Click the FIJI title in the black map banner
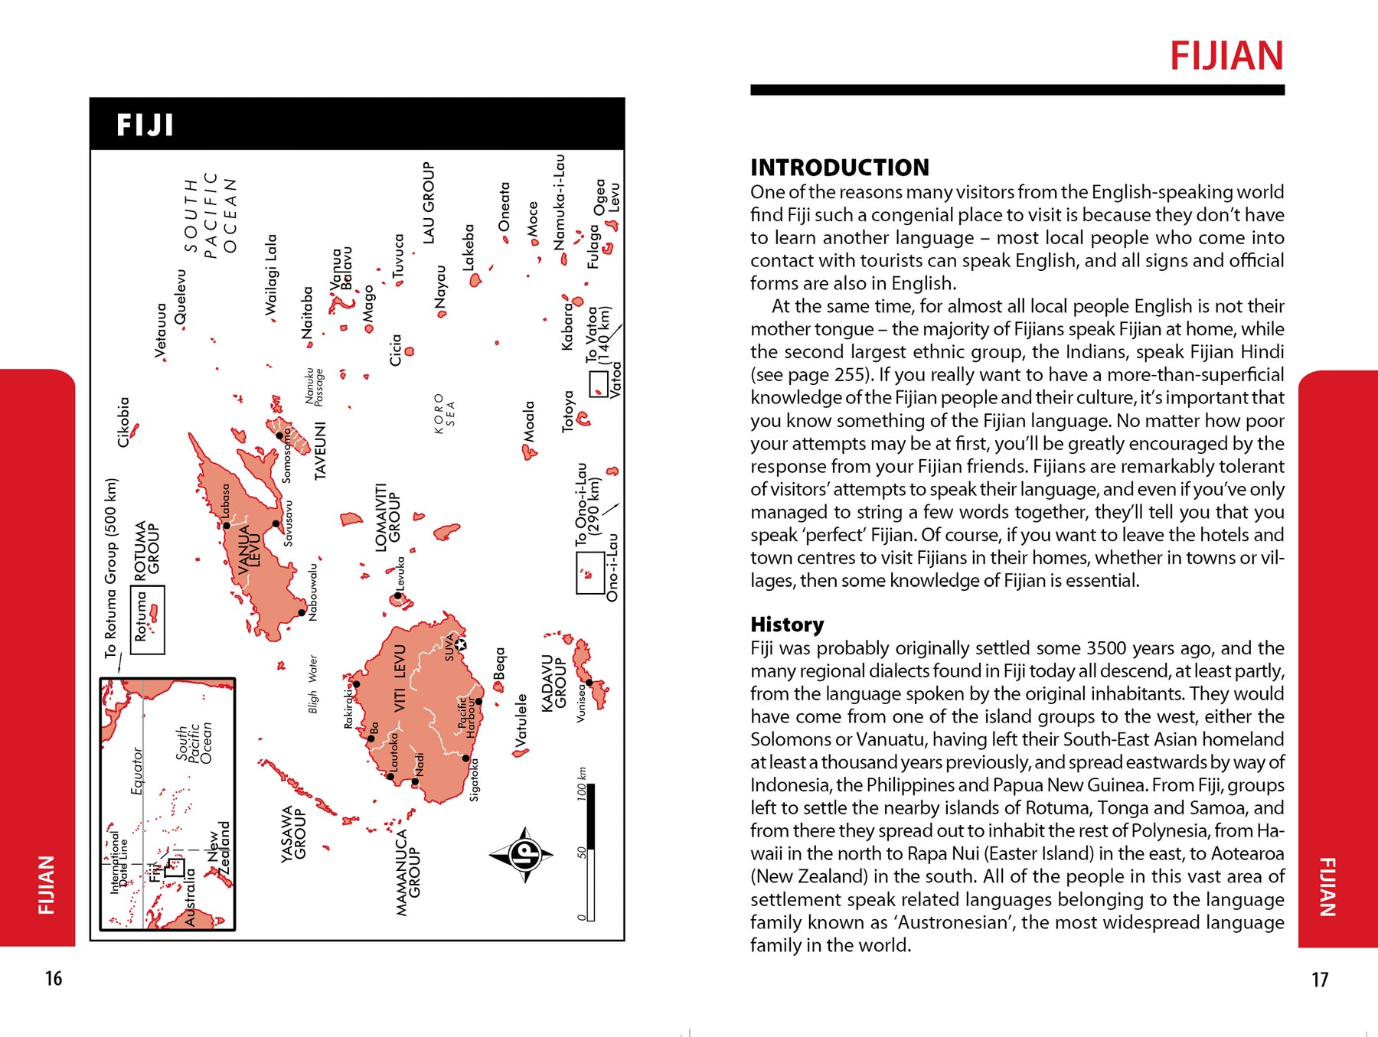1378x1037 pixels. click(145, 125)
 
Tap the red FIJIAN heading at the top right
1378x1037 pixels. click(1226, 57)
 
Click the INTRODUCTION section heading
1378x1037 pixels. click(839, 168)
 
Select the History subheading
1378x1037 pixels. click(786, 624)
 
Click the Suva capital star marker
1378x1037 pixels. click(461, 644)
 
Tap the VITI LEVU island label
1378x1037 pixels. click(400, 679)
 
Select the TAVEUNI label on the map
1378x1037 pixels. click(320, 452)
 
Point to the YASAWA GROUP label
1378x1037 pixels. click(292, 834)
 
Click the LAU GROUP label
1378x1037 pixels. click(428, 203)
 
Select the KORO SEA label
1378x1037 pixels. click(444, 414)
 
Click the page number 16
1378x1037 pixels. click(53, 978)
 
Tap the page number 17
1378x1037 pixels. click(1319, 980)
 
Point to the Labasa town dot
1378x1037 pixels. click(227, 525)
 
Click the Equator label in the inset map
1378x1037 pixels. click(137, 771)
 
